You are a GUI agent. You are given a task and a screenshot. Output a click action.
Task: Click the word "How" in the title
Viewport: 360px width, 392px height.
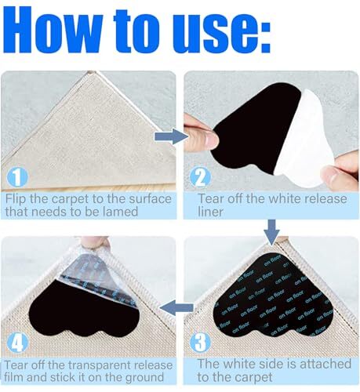[x=53, y=30]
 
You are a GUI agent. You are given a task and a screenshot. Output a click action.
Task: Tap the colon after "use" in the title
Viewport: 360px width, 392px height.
[x=264, y=38]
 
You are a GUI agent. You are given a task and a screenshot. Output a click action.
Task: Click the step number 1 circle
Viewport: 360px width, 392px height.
[x=17, y=177]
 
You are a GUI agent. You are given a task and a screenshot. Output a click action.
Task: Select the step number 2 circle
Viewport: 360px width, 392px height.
[x=200, y=177]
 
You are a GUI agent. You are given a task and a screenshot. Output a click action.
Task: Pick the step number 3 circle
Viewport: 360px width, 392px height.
[x=200, y=343]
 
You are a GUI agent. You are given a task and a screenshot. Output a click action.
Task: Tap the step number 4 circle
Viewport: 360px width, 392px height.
[x=17, y=343]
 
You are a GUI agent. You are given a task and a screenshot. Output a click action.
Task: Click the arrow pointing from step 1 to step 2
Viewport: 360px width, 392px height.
[x=171, y=136]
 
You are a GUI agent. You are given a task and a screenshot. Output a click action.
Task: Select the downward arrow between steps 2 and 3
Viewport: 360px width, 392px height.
[x=272, y=232]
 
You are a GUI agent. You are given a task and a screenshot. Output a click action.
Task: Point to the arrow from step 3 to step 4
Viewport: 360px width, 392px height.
[x=176, y=307]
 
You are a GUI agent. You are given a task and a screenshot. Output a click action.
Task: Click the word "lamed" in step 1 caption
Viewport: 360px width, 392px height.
[x=120, y=211]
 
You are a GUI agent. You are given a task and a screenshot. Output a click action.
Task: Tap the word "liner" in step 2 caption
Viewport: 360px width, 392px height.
[x=211, y=212]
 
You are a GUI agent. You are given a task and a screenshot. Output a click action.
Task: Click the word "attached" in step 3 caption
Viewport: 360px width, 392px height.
[x=325, y=364]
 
